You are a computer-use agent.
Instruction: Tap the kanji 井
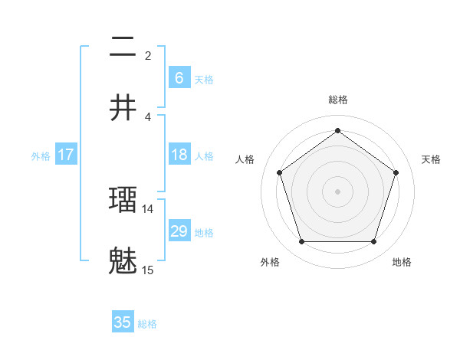pyautogui.click(x=123, y=108)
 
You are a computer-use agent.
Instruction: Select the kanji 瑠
pyautogui.click(x=123, y=200)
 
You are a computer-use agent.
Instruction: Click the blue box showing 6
pyautogui.click(x=179, y=78)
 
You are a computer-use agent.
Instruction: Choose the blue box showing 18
pyautogui.click(x=179, y=155)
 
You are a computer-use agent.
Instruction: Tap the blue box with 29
pyautogui.click(x=179, y=231)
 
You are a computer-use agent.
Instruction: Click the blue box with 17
pyautogui.click(x=66, y=155)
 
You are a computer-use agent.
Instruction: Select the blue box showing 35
pyautogui.click(x=123, y=322)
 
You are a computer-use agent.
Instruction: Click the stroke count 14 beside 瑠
pyautogui.click(x=148, y=208)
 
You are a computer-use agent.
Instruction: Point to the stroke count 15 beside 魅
pyautogui.click(x=148, y=270)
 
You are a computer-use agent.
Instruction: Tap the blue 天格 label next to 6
pyautogui.click(x=204, y=80)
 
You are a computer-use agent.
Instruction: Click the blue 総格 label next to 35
pyautogui.click(x=147, y=324)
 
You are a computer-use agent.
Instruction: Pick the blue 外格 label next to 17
pyautogui.click(x=41, y=156)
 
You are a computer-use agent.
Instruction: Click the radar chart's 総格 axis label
pyautogui.click(x=337, y=100)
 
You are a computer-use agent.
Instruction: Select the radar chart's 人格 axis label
pyautogui.click(x=245, y=159)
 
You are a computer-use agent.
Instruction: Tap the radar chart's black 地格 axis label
pyautogui.click(x=402, y=262)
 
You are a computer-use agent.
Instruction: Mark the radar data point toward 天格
pyautogui.click(x=396, y=172)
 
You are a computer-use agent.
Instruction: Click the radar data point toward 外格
pyautogui.click(x=301, y=242)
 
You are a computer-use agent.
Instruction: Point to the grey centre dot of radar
pyautogui.click(x=337, y=191)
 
